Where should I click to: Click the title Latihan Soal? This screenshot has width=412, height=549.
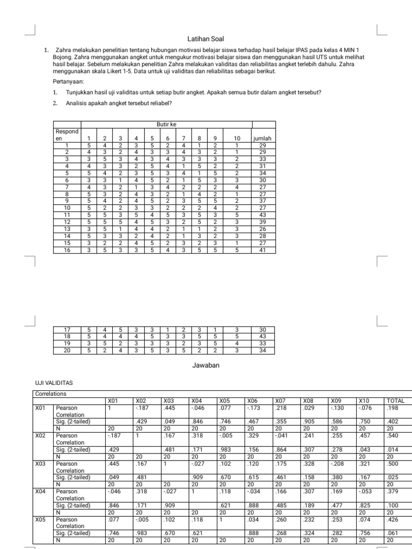[x=205, y=39]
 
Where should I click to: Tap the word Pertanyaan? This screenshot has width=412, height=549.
[x=68, y=82]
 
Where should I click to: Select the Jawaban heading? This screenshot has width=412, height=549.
[x=205, y=365]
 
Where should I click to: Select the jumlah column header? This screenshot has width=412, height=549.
[x=262, y=138]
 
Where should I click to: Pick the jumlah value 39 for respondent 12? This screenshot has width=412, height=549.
[x=262, y=221]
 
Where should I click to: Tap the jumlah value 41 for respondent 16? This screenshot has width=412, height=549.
[x=262, y=249]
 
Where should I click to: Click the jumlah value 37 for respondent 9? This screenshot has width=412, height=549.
[x=262, y=201]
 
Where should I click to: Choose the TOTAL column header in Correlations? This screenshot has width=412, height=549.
[x=396, y=400]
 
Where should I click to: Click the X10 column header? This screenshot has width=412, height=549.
[x=364, y=400]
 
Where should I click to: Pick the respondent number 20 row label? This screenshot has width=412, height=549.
[x=67, y=350]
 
